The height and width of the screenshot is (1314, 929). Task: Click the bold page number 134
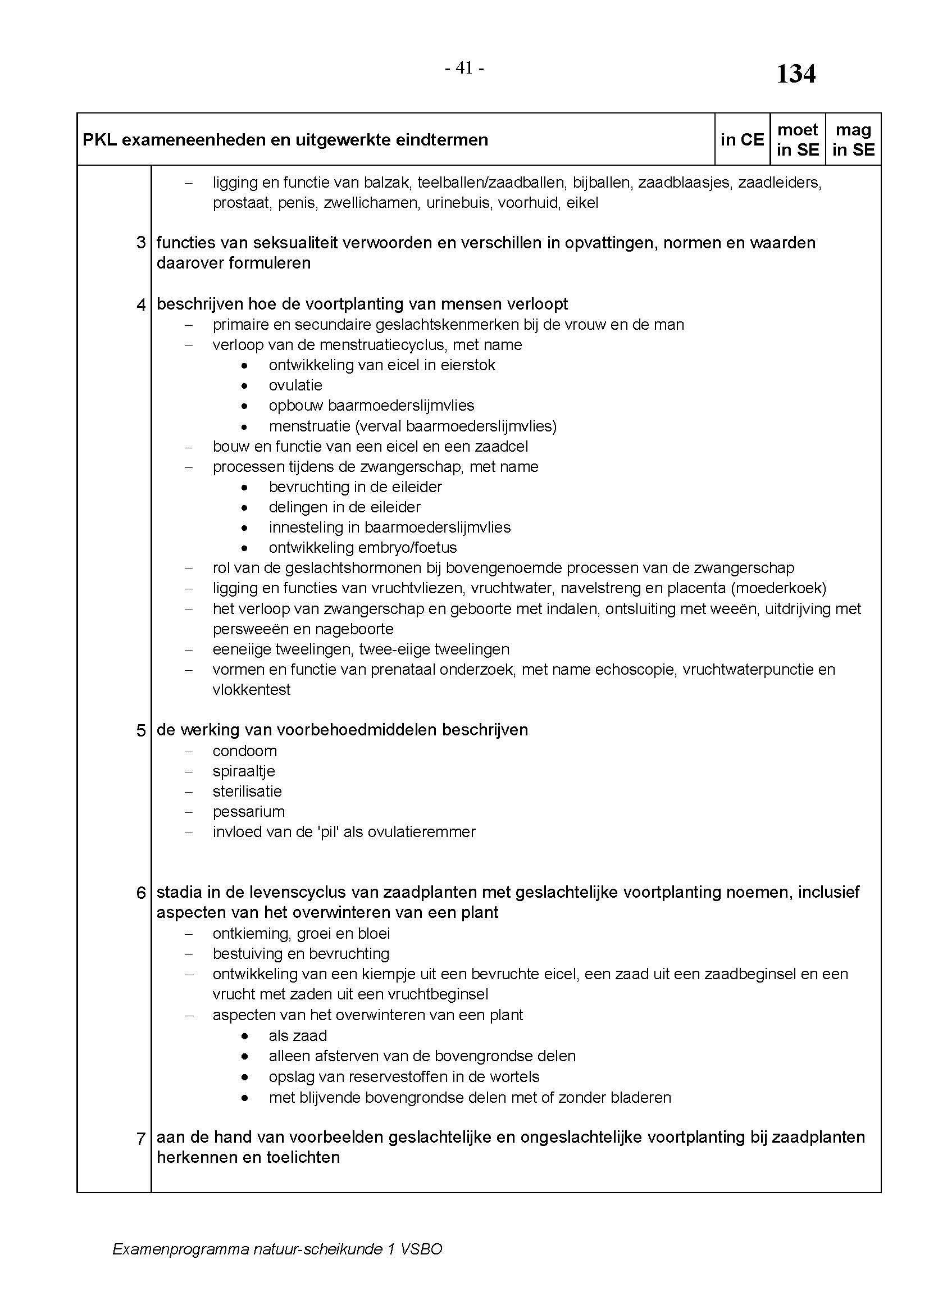[x=795, y=74]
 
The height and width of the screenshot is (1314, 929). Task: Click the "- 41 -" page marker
[x=464, y=68]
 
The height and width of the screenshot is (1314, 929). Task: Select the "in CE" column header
[x=742, y=140]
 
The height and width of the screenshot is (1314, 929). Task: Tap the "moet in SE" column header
[x=798, y=140]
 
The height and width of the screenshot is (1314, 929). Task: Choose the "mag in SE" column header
[x=853, y=140]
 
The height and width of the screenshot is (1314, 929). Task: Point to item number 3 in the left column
[x=142, y=243]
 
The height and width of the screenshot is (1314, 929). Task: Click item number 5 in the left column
[x=142, y=730]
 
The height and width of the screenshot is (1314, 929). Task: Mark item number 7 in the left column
[x=142, y=1138]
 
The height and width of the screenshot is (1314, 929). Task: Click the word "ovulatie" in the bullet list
[x=295, y=385]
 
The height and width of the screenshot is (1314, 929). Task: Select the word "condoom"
[x=244, y=751]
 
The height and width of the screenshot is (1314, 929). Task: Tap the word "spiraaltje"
[x=244, y=771]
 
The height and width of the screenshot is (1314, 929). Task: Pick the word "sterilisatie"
[x=247, y=792]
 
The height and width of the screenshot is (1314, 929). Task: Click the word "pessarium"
[x=248, y=812]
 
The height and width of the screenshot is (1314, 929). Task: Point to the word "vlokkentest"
[x=251, y=690]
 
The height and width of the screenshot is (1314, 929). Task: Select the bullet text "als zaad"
[x=298, y=1036]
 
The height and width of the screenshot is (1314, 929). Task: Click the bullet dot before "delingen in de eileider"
[x=245, y=508]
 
